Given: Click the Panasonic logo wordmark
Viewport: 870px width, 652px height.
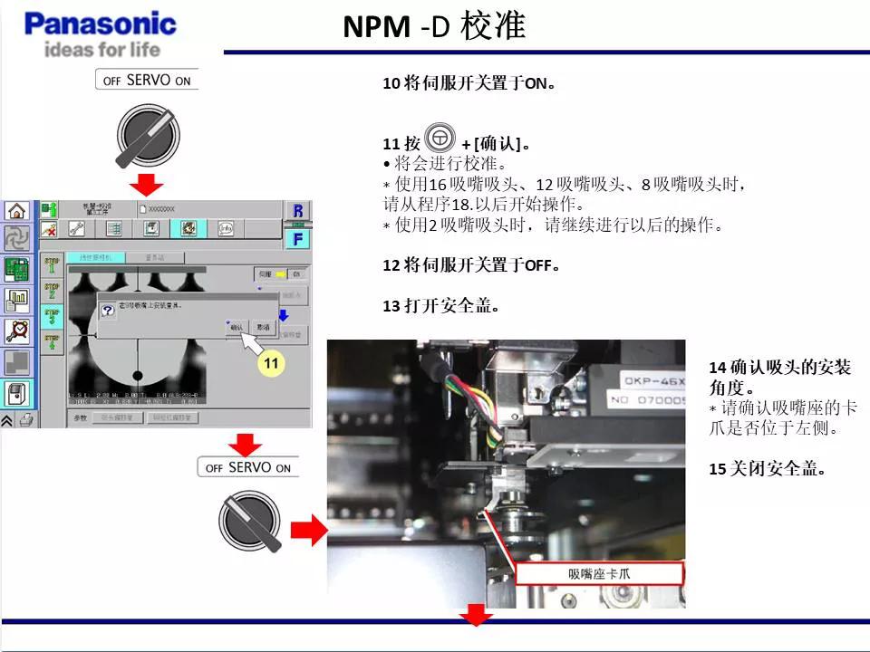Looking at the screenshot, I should (100, 24).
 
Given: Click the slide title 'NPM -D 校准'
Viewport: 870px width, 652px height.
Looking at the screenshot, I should (434, 26).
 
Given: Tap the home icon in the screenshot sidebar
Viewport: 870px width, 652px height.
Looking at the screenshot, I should (16, 211).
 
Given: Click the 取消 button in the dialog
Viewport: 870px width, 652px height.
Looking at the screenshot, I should (264, 327).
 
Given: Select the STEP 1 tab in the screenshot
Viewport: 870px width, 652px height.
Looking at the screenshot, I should (52, 264).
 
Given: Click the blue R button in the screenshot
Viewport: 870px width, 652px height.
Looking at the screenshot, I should (297, 211).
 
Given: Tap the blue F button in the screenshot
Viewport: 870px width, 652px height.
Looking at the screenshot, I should (297, 239).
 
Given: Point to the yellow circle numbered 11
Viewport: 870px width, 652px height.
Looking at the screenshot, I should (270, 364).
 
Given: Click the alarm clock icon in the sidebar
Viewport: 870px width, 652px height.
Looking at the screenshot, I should (16, 331).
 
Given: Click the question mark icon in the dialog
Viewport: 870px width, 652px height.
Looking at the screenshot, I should (107, 309).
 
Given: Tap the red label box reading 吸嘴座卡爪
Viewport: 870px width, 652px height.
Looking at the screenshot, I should (599, 574).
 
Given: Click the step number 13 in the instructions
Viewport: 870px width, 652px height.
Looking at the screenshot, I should (391, 306).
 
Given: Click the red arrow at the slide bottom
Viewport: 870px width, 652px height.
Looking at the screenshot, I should (476, 617).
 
